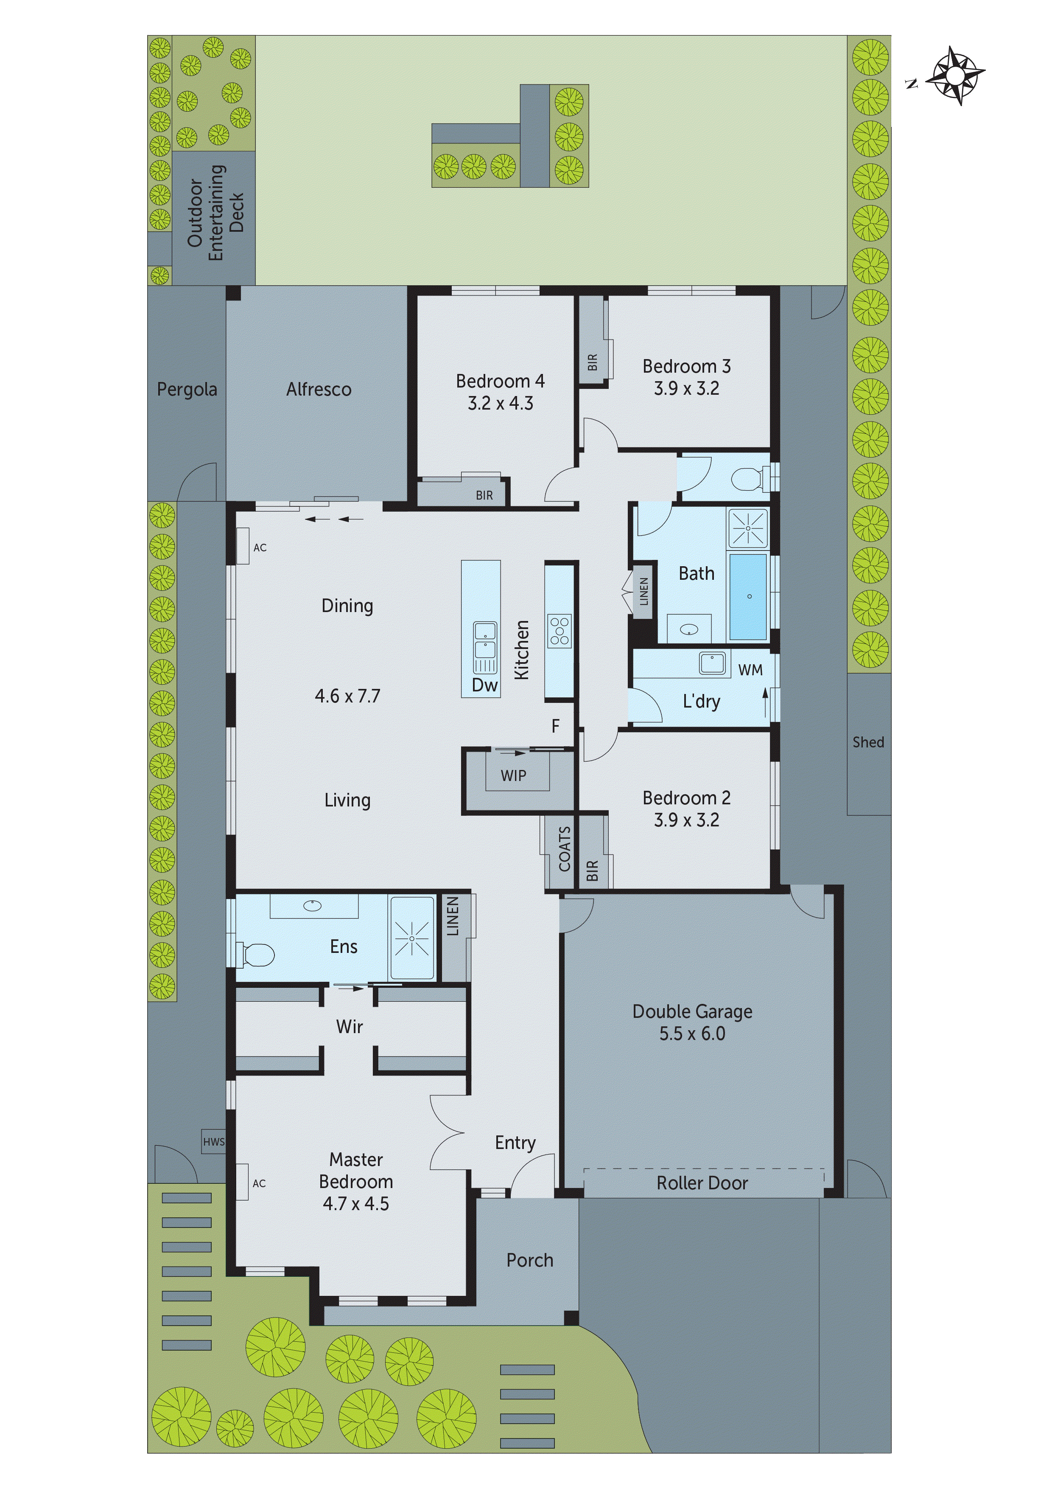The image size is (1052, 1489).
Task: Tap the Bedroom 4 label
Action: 500,381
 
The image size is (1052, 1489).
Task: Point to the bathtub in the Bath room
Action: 749,597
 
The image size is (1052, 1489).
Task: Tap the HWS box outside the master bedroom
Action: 213,1142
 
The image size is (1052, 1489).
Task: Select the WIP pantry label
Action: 513,775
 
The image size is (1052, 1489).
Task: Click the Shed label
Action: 868,742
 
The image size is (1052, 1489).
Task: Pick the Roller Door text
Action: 702,1183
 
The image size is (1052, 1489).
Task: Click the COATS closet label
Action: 565,849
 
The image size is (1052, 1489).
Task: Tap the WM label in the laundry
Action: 750,670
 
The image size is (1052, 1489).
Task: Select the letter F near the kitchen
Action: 556,726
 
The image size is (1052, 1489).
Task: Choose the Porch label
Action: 529,1260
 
